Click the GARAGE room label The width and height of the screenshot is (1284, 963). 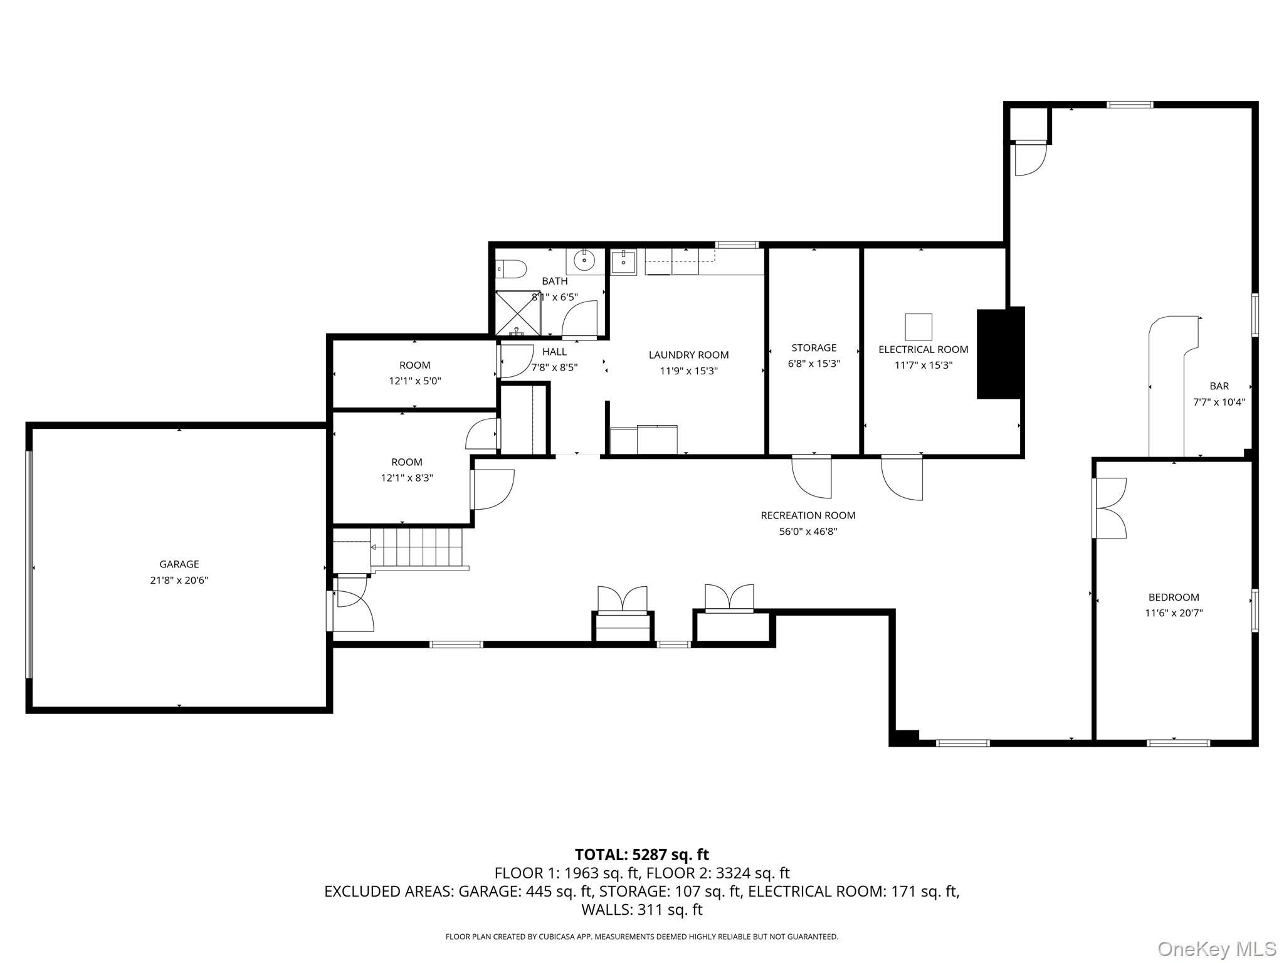[179, 564]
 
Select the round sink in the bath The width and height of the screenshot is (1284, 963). [584, 260]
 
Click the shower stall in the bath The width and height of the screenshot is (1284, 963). [517, 312]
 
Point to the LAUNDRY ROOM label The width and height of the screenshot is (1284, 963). [688, 355]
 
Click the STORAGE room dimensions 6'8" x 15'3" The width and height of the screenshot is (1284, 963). [814, 363]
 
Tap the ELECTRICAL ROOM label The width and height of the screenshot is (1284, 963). [923, 349]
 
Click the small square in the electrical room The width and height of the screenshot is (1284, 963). [918, 327]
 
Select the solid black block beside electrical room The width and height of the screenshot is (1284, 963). [1001, 353]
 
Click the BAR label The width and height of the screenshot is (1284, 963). [1219, 386]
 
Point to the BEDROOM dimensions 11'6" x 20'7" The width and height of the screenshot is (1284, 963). [1174, 613]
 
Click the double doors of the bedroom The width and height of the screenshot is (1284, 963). [1110, 508]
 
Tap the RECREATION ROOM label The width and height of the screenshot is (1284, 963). [808, 515]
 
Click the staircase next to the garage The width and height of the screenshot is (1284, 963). [416, 549]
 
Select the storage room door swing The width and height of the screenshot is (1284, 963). [811, 476]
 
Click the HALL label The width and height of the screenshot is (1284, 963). [554, 352]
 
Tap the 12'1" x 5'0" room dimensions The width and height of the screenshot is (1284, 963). [414, 381]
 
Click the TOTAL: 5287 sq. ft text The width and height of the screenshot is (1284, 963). [642, 854]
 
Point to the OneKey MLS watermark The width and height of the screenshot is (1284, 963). [1217, 949]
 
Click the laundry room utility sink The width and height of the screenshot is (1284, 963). [624, 262]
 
